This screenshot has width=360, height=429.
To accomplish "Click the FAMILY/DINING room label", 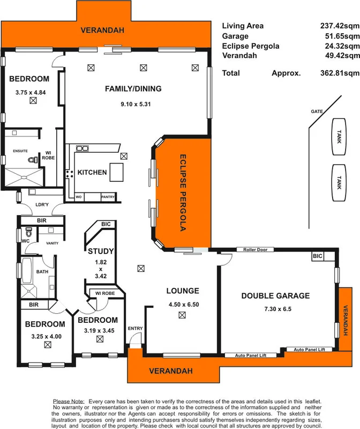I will (133, 88).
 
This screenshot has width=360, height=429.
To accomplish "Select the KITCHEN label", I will (92, 173).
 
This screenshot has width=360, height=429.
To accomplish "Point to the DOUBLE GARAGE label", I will (275, 295).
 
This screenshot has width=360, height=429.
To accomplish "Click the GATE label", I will (317, 112).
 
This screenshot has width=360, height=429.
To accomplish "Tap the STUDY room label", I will (101, 251).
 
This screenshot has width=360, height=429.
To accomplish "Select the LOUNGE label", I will (182, 291).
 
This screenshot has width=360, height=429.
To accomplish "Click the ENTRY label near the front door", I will (135, 328).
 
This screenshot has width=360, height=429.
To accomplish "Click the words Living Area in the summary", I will (243, 26).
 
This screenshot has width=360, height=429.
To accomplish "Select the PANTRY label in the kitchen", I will (108, 197).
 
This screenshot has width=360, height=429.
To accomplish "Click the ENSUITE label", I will (20, 151).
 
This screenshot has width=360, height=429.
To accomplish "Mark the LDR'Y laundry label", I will (42, 205).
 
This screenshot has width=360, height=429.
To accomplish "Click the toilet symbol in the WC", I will (29, 233).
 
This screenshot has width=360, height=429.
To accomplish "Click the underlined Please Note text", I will (69, 401).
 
